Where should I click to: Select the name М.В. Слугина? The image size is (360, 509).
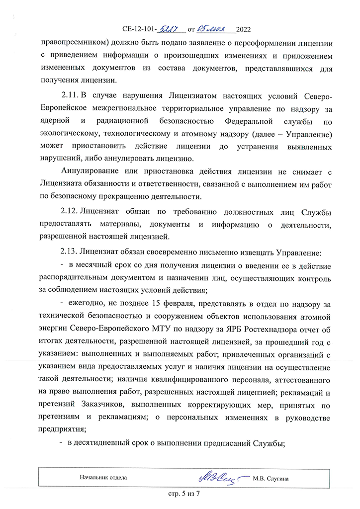tap(271, 478)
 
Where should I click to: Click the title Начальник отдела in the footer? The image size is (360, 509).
tap(103, 478)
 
